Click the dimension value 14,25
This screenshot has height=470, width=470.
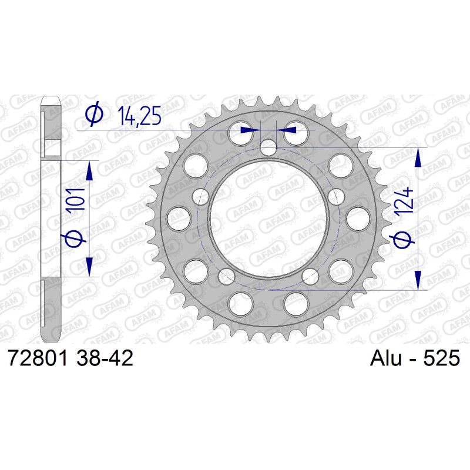pyautogui.click(x=139, y=116)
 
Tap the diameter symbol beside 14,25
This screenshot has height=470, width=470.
pyautogui.click(x=94, y=113)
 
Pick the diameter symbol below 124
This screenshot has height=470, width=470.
pyautogui.click(x=402, y=239)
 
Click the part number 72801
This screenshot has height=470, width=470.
pyautogui.click(x=39, y=358)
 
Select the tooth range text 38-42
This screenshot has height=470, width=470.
pyautogui.click(x=105, y=358)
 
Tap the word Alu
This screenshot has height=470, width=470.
pyautogui.click(x=386, y=358)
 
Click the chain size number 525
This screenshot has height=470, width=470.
pyautogui.click(x=442, y=358)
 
